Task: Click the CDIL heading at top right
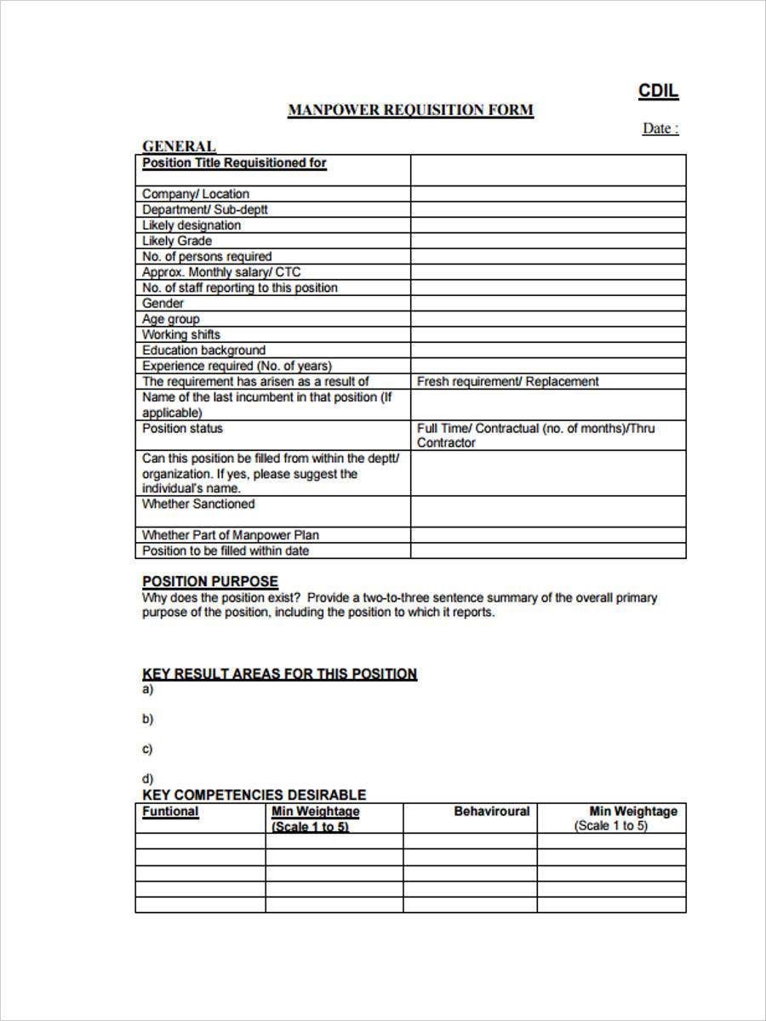[658, 92]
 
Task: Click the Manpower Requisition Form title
[410, 110]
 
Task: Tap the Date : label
[660, 128]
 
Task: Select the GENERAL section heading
[179, 146]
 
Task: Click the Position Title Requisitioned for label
[234, 163]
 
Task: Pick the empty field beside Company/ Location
[547, 194]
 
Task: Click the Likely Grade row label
[177, 241]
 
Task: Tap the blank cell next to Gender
[547, 304]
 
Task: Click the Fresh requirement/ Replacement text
[507, 382]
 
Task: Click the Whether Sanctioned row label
[198, 505]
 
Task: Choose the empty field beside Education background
[547, 351]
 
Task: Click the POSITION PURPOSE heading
[209, 581]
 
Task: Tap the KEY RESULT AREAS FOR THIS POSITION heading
[279, 674]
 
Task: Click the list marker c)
[147, 749]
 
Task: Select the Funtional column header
[170, 812]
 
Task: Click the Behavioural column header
[491, 812]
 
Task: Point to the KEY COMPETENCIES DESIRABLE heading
[254, 795]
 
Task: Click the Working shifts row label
[181, 334]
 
